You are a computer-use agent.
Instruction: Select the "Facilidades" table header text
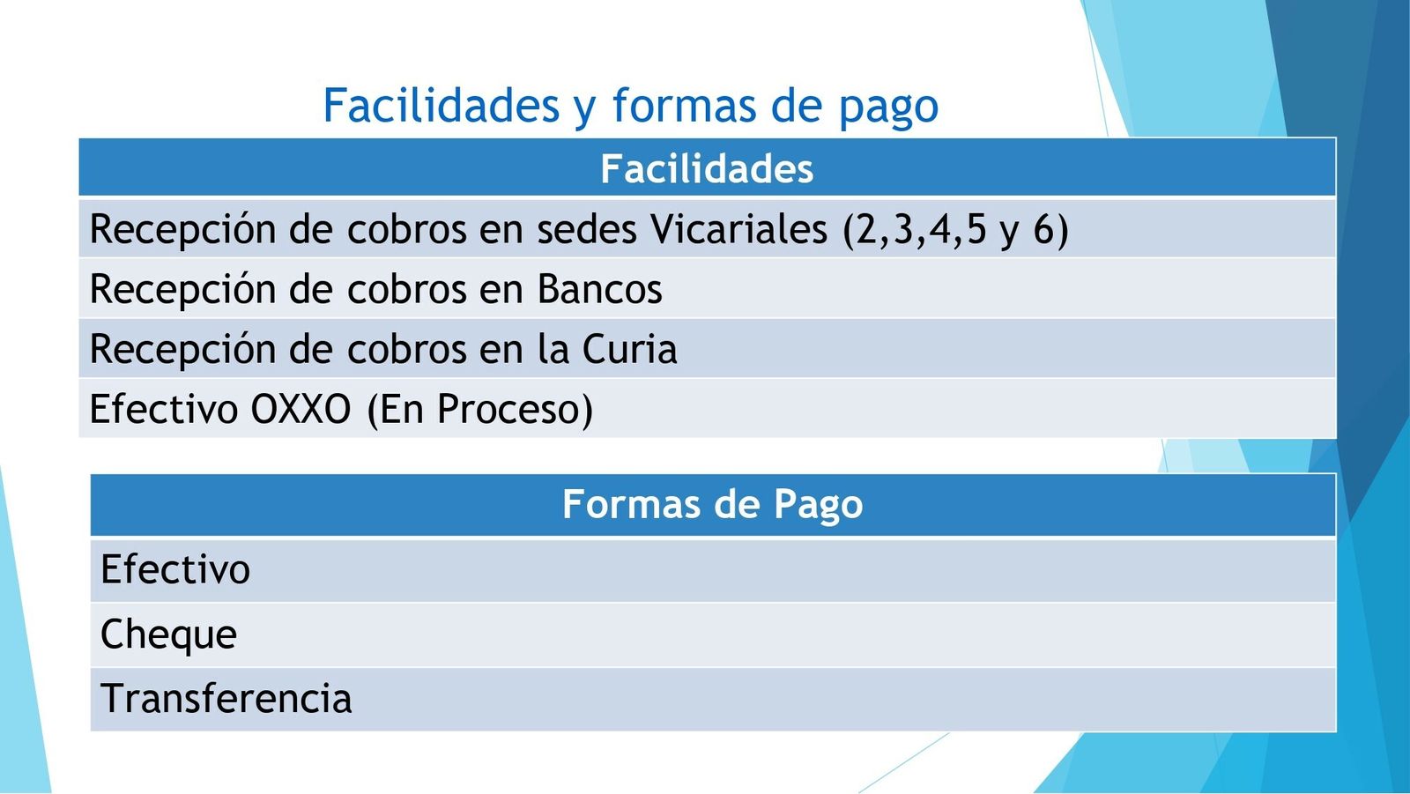707,168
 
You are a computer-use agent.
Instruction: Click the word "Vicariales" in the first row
738,228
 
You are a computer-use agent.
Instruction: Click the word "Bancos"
599,288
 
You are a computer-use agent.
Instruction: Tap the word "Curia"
629,349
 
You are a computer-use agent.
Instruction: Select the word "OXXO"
301,409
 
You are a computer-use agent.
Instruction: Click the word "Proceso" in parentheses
508,409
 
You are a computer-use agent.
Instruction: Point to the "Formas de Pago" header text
713,505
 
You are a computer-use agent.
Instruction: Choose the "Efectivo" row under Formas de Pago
175,569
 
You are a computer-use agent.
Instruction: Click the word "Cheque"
168,634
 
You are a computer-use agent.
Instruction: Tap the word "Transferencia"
226,698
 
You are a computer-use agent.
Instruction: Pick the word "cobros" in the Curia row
406,349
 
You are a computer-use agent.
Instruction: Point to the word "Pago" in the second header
819,506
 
